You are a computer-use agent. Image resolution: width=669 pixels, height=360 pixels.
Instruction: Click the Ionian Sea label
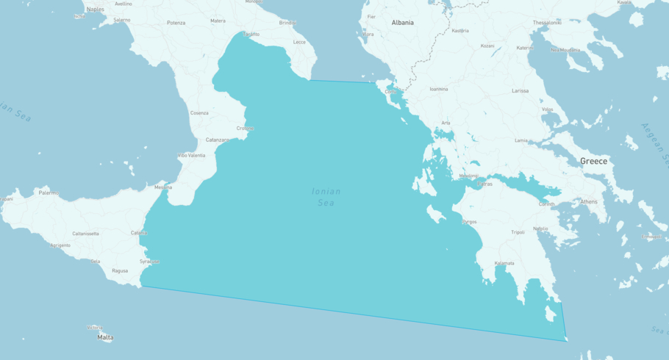click(326, 196)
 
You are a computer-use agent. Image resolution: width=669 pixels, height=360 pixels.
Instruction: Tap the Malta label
click(105, 337)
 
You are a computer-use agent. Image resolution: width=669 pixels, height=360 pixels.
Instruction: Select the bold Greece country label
click(593, 161)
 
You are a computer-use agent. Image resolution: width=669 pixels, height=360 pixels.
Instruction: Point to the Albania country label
click(402, 23)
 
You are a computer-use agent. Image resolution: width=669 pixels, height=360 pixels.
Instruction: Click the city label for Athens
click(589, 201)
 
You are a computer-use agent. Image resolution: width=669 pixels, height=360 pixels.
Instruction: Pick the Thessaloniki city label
click(548, 23)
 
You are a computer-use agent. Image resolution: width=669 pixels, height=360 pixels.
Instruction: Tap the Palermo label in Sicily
click(49, 193)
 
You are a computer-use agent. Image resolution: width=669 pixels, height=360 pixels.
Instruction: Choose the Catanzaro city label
click(218, 140)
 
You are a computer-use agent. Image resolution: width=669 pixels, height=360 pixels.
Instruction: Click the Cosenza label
click(199, 113)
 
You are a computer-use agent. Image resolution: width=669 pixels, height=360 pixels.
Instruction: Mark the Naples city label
click(96, 10)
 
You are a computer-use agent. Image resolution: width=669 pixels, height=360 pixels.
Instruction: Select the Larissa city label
click(520, 91)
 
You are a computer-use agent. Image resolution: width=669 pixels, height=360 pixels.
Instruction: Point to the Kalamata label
click(504, 263)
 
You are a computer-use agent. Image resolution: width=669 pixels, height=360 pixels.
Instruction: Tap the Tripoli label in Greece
click(518, 232)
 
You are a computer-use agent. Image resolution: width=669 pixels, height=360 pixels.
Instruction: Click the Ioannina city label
click(439, 89)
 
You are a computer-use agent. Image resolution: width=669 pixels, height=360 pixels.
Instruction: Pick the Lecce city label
click(299, 42)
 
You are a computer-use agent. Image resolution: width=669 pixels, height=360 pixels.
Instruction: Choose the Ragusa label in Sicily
click(120, 271)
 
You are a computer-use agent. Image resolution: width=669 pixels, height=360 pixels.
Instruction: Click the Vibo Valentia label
click(191, 156)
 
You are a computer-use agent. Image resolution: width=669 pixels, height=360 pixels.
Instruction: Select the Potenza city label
click(176, 23)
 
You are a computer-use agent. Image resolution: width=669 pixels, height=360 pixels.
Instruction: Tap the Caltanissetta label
click(85, 234)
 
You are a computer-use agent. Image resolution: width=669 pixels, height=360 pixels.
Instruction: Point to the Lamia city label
click(521, 140)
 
